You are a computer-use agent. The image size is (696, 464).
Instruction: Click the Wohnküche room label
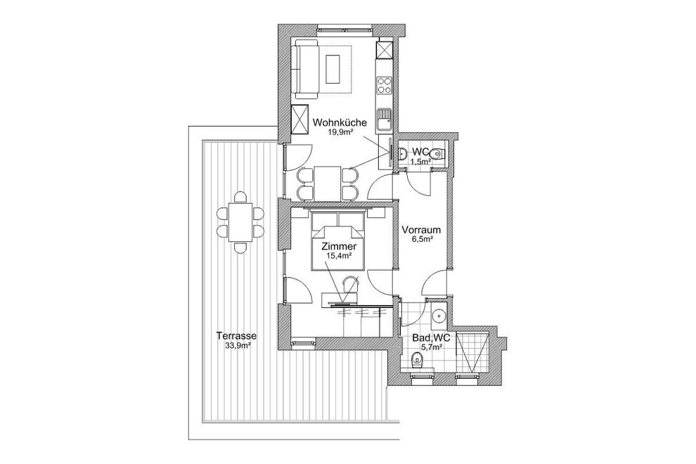point(340,122)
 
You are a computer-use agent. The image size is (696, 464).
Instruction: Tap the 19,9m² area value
point(340,131)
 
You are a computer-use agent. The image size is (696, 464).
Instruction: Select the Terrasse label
point(238,335)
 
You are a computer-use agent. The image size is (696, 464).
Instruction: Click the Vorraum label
point(421,230)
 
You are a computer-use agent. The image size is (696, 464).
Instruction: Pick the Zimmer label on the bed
point(339,247)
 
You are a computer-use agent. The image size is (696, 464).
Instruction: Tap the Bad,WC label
point(431,338)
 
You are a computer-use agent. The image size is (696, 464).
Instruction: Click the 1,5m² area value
point(420,162)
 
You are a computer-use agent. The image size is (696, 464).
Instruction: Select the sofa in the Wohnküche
point(307,69)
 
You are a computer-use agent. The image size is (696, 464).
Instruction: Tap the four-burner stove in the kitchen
point(385,85)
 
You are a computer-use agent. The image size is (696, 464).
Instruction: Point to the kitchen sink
point(385,120)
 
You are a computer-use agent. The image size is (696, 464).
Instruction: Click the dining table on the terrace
point(240,222)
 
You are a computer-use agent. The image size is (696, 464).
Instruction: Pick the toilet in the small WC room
point(438,154)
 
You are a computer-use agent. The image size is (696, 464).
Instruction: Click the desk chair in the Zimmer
point(351,284)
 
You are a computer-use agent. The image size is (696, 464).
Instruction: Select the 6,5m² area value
point(421,239)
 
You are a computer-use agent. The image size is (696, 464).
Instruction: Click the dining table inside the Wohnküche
point(328,183)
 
